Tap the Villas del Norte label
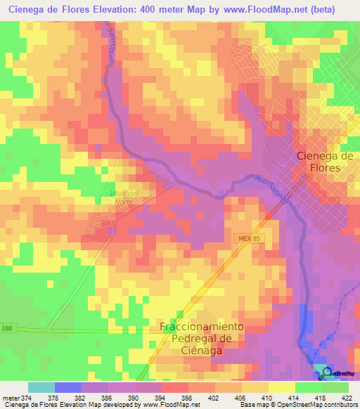pyautogui.click(x=127, y=197)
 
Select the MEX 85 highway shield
pyautogui.click(x=247, y=240)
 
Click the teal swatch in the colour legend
pyautogui.click(x=41, y=387)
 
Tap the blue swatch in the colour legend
pyautogui.click(x=67, y=387)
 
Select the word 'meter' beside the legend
pyautogui.click(x=10, y=397)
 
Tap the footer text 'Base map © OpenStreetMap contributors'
pyautogui.click(x=298, y=405)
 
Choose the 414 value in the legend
pyautogui.click(x=295, y=397)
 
